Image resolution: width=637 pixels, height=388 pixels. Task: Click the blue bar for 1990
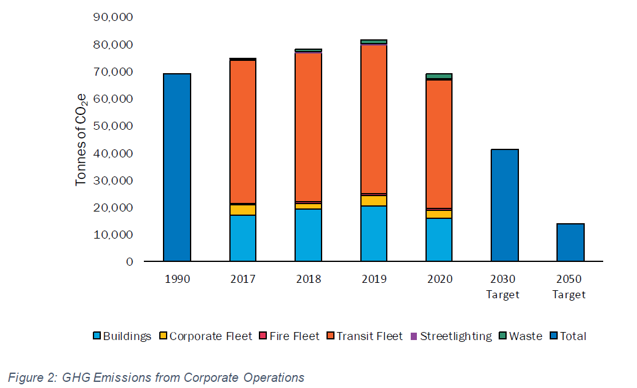177,167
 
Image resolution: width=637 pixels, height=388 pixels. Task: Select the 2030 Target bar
505,205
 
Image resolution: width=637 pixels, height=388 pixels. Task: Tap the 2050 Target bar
570,242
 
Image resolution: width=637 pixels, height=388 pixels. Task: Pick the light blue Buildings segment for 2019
374,234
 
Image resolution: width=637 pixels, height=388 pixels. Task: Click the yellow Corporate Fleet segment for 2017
243,210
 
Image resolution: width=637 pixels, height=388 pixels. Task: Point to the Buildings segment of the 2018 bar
308,235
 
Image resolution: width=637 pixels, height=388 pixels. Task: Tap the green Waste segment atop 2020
439,76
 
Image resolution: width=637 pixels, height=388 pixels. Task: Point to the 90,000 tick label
113,18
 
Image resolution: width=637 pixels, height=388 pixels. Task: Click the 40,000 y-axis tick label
113,153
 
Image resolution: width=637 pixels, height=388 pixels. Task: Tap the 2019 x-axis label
374,279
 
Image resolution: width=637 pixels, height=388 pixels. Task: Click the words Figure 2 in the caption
31,378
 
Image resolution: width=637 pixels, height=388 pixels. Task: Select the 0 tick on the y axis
129,262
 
